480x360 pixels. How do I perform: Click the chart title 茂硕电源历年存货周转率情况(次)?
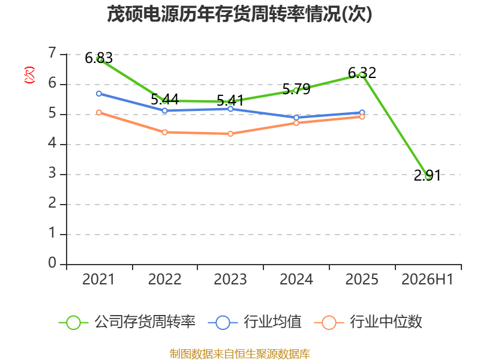pyautogui.click(x=239, y=14)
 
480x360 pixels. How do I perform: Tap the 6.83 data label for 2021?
pyautogui.click(x=98, y=58)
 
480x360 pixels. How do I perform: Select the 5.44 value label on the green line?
pyautogui.click(x=164, y=100)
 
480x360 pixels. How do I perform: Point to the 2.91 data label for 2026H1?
pyautogui.click(x=427, y=176)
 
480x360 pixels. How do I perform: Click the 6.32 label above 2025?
pyautogui.click(x=362, y=73)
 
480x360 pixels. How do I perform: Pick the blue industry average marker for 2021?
pyautogui.click(x=99, y=94)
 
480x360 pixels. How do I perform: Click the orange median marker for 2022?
pyautogui.click(x=164, y=132)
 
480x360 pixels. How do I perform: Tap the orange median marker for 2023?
pyautogui.click(x=230, y=134)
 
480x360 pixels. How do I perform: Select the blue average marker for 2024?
pyautogui.click(x=296, y=118)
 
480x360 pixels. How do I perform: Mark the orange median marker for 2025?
pyautogui.click(x=362, y=116)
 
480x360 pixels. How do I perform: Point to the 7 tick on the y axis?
pyautogui.click(x=52, y=53)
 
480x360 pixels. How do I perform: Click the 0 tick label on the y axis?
pyautogui.click(x=52, y=263)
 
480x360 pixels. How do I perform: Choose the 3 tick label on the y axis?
pyautogui.click(x=52, y=173)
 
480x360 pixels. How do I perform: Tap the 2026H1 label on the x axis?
pyautogui.click(x=427, y=280)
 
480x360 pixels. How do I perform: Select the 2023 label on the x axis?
pyautogui.click(x=230, y=280)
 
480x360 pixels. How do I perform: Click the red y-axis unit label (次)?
pyautogui.click(x=29, y=75)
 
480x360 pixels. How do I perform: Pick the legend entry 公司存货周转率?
pyautogui.click(x=127, y=322)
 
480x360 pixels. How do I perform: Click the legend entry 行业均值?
pyautogui.click(x=254, y=322)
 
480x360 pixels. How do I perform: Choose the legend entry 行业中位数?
pyautogui.click(x=368, y=322)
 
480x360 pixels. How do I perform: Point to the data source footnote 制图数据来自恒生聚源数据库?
pyautogui.click(x=240, y=354)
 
